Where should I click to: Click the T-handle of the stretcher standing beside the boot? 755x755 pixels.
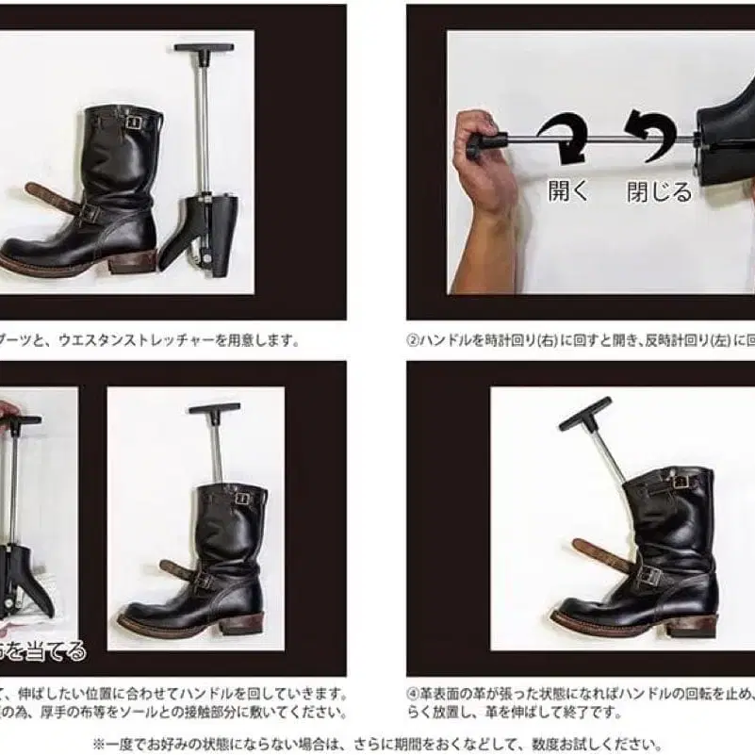pyautogui.click(x=203, y=47)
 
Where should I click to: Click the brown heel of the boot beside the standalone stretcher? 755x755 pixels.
pyautogui.click(x=131, y=261)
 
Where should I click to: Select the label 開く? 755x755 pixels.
pyautogui.click(x=568, y=191)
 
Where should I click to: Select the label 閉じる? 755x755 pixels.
pyautogui.click(x=659, y=191)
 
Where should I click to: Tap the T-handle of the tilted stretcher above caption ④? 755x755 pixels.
pyautogui.click(x=584, y=413)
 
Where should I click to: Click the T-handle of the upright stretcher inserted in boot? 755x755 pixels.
pyautogui.click(x=214, y=409)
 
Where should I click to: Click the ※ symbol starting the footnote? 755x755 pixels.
pyautogui.click(x=99, y=743)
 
